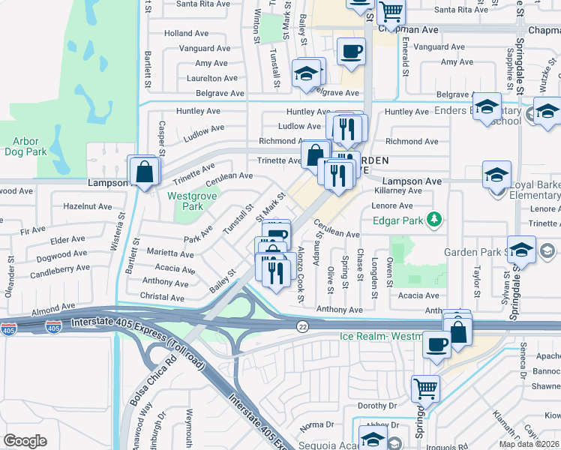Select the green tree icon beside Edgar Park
433,220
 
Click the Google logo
25,441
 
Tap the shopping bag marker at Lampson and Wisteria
144,172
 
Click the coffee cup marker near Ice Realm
436,345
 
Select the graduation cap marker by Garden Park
521,250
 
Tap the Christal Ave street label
162,298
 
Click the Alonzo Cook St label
300,274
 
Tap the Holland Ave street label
186,34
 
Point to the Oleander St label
10,289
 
